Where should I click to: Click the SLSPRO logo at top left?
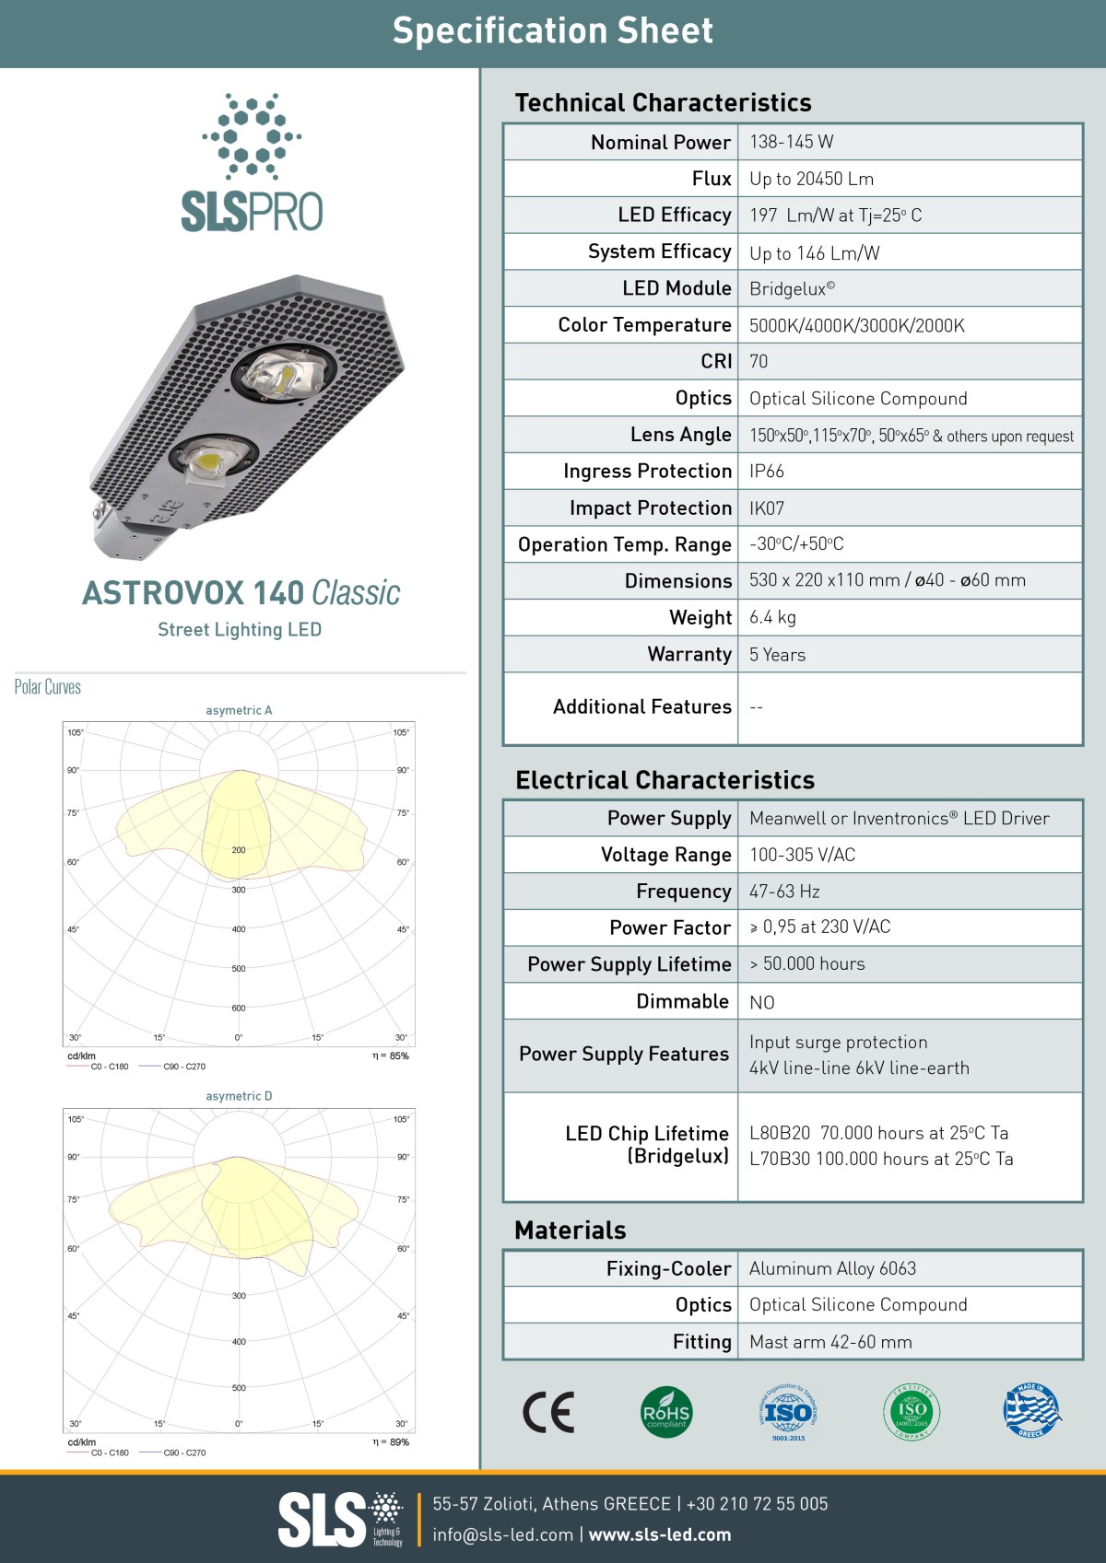252,162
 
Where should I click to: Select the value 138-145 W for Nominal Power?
791,142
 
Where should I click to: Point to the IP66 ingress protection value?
766,472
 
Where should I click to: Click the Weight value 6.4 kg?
772,617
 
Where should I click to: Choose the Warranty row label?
688,654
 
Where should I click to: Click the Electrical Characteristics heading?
665,780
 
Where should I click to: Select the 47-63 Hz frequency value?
784,892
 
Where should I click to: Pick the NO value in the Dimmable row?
761,1002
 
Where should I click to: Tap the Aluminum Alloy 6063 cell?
832,1268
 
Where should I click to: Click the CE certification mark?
548,1412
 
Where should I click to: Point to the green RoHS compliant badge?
665,1412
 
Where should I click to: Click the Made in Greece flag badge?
1031,1410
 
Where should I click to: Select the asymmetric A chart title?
239,710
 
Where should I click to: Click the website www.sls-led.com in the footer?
660,1534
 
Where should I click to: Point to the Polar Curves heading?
48,687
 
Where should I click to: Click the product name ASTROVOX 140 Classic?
241,593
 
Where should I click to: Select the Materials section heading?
570,1231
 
